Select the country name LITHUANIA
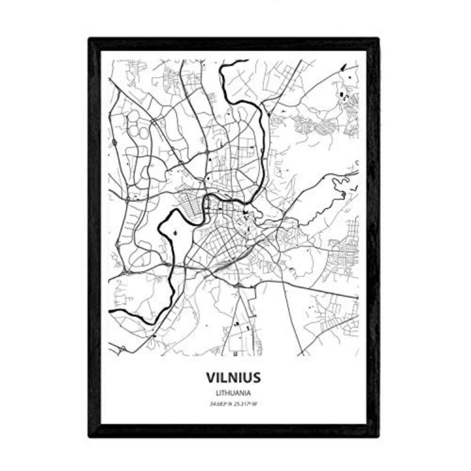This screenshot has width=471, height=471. (233, 392)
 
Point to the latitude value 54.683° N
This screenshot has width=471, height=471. (220, 403)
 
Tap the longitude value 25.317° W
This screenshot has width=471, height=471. (247, 403)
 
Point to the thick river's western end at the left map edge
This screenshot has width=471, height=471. (111, 312)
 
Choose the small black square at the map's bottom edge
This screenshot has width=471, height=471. (234, 352)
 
